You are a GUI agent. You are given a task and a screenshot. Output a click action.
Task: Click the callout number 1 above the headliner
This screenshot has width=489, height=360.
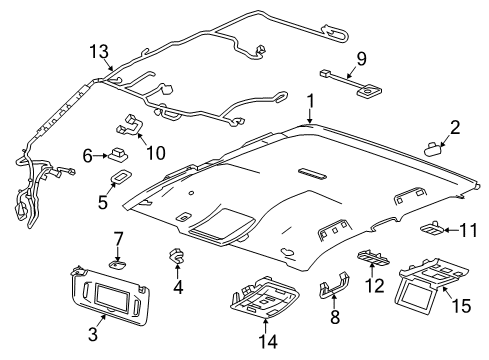[x=311, y=100]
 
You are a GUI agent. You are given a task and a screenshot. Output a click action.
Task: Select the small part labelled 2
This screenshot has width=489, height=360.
[x=434, y=146]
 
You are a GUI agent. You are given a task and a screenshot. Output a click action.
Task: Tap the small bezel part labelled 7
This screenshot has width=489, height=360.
[x=118, y=263]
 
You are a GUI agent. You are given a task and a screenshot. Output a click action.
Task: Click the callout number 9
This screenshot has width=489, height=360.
[x=363, y=57]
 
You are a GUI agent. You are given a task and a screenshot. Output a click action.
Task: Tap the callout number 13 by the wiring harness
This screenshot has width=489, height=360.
[x=97, y=51]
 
